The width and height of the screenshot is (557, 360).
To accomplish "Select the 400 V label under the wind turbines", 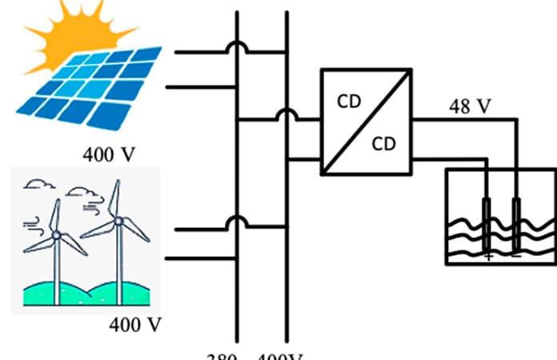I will (x=134, y=326).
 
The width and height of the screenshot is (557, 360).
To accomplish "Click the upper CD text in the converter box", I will (x=349, y=103).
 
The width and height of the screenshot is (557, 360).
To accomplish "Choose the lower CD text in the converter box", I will (x=385, y=145).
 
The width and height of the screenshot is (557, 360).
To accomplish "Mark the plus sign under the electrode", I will (x=488, y=255).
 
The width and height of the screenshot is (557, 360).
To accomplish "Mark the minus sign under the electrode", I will (x=516, y=255).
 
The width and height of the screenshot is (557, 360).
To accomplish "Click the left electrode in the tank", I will (x=487, y=220).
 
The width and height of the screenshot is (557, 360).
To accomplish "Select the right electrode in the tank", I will (x=516, y=220).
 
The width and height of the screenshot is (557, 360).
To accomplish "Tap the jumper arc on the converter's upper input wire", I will (x=286, y=115).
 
